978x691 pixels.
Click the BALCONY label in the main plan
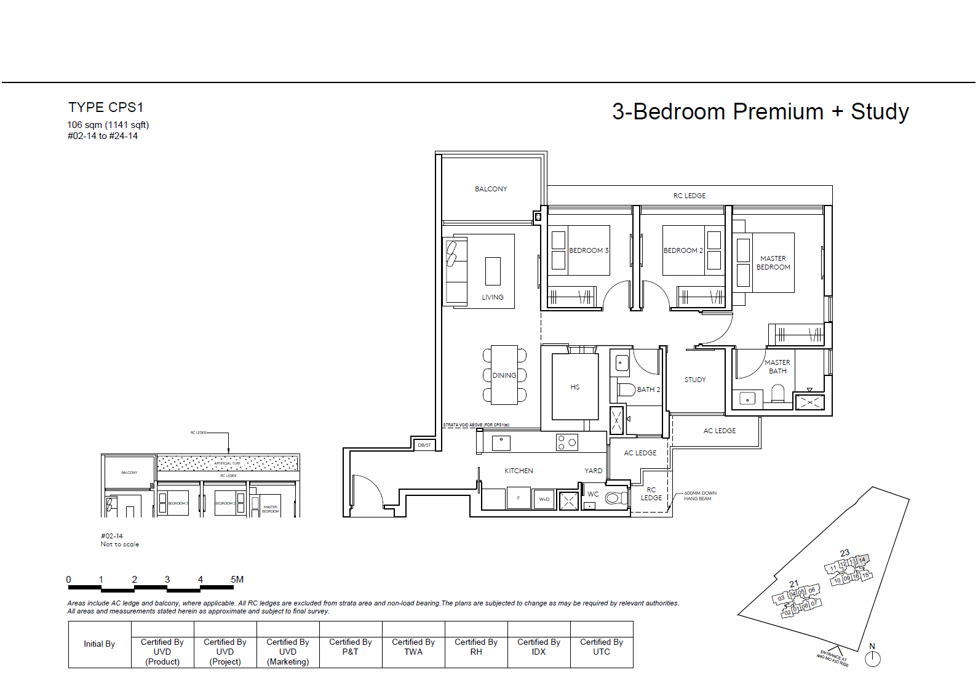[491, 189]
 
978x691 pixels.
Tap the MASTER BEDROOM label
[773, 263]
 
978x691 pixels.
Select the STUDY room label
[695, 380]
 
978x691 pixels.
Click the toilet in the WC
[614, 498]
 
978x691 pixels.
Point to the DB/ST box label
[424, 445]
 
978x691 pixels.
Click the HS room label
[574, 387]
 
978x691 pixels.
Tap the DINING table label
[504, 375]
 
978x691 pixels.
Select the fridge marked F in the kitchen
[519, 498]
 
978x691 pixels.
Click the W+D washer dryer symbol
[544, 499]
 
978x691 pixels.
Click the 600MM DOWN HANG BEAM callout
[700, 496]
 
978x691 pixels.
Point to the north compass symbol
[872, 658]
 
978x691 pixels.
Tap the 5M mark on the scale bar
[237, 580]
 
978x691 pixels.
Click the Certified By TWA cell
[413, 647]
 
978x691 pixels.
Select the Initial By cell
[100, 644]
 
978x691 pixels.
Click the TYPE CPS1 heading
[106, 108]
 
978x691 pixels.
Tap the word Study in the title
[880, 112]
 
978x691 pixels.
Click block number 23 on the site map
[845, 553]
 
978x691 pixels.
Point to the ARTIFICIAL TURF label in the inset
[227, 463]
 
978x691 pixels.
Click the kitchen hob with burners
[567, 442]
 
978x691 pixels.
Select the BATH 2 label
[648, 389]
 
